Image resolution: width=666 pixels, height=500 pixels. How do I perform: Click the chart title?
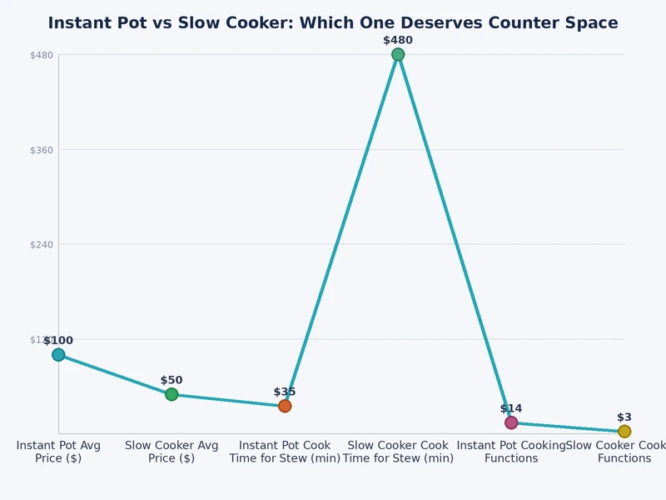point(333,23)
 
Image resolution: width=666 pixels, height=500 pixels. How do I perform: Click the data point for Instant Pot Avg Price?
point(58,355)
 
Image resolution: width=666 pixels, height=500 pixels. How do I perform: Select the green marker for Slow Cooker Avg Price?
point(171,394)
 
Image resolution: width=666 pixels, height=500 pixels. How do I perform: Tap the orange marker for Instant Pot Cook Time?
point(285,406)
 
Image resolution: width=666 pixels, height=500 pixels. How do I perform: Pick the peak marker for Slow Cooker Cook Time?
point(398,55)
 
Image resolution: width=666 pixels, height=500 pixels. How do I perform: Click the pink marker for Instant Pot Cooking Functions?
point(511,422)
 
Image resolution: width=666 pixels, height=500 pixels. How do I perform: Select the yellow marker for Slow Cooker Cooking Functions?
point(624,431)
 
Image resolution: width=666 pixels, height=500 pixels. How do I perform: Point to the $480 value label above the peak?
point(398,40)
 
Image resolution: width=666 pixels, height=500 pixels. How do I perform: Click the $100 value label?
point(58,341)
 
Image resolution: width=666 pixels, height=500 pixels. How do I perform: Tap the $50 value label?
point(171,380)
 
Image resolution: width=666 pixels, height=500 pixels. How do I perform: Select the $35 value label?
point(285,392)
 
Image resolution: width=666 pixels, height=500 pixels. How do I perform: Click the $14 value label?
point(511,408)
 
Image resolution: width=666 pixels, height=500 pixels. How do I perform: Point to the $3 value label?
point(624,417)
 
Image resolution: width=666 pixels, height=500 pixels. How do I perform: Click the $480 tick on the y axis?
point(42,56)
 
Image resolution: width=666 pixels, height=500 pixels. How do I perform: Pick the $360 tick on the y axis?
point(42,150)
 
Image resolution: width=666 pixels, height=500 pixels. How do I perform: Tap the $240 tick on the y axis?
point(42,245)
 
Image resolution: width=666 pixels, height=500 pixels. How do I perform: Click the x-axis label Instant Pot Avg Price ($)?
point(58,452)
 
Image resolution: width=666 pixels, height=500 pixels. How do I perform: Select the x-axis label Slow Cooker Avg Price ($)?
point(171,452)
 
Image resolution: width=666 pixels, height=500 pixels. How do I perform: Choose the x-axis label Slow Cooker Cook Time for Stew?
point(398,452)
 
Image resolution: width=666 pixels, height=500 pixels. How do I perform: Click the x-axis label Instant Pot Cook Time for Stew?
point(285,452)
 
